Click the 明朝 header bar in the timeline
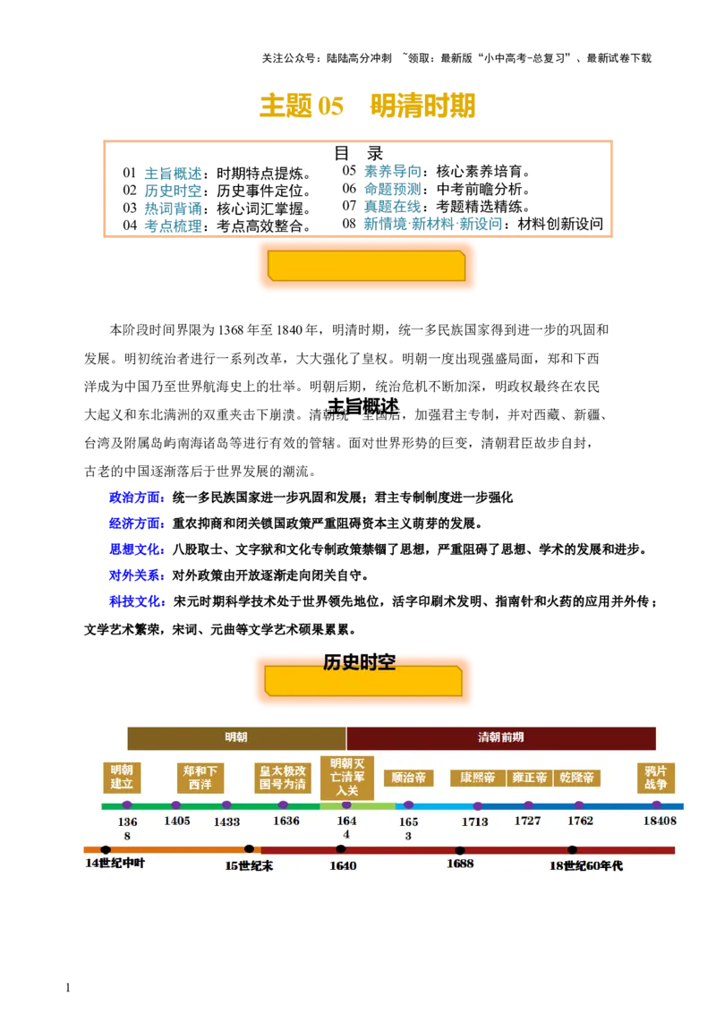[x=236, y=737]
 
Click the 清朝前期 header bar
[x=500, y=737]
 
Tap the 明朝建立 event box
[x=122, y=778]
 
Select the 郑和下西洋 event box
[x=200, y=778]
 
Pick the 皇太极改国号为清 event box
[x=283, y=778]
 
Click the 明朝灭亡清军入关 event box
[x=346, y=777]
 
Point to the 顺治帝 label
[x=409, y=778]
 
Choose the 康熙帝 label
[x=478, y=778]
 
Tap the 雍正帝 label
[x=529, y=778]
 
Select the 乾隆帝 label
[x=577, y=778]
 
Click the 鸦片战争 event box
[x=656, y=778]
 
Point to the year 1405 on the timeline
[x=177, y=821]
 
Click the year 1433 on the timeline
[x=226, y=821]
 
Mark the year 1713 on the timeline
[x=474, y=821]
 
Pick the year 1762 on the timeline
[x=580, y=821]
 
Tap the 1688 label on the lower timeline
[x=460, y=864]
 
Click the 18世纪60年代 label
[x=586, y=865]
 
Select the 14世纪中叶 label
[x=115, y=864]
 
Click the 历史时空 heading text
[x=359, y=662]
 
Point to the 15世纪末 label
[x=249, y=865]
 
